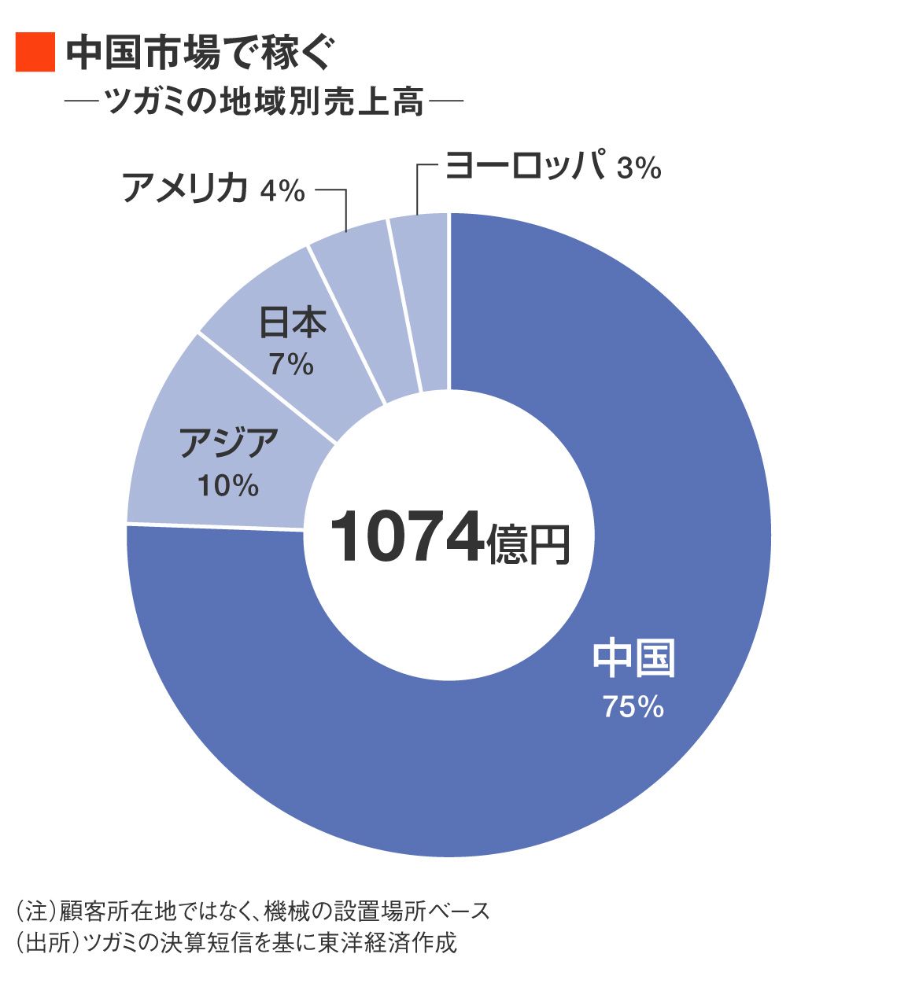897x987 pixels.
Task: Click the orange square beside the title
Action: click(35, 53)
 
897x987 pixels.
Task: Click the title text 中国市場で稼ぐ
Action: click(201, 53)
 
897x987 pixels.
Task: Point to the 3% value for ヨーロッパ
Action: click(638, 168)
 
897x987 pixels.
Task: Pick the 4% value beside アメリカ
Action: click(282, 190)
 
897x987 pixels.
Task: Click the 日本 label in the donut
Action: click(293, 322)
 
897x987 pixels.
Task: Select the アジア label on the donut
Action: click(229, 442)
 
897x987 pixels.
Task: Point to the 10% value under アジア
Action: click(228, 485)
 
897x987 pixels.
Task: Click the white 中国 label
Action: click(633, 659)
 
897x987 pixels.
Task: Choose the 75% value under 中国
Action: click(633, 707)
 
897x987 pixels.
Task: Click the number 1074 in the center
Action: click(405, 538)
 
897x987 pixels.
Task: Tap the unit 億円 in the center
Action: click(528, 543)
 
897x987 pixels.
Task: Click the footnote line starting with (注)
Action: click(252, 912)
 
